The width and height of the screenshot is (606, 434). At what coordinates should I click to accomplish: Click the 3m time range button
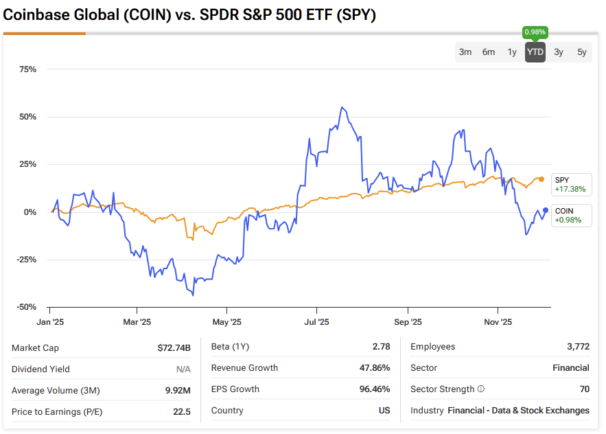tap(465, 52)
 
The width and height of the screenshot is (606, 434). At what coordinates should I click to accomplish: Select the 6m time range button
tap(489, 52)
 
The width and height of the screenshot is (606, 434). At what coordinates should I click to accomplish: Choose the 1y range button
tap(512, 52)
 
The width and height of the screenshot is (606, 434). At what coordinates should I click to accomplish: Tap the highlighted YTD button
tap(535, 52)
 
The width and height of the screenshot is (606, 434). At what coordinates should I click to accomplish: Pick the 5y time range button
tap(582, 52)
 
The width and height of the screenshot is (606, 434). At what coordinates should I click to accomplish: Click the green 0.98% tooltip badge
tap(535, 32)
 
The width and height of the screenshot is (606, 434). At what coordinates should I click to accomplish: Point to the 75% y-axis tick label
tap(28, 69)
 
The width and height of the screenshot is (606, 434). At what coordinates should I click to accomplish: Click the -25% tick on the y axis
tap(27, 260)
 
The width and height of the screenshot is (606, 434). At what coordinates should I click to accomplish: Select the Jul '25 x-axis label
tap(317, 321)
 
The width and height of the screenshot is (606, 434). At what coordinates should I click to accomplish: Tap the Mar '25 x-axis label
tap(137, 321)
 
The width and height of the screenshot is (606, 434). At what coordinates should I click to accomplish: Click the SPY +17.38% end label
tap(570, 184)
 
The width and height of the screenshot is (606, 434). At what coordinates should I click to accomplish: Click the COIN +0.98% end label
tap(570, 215)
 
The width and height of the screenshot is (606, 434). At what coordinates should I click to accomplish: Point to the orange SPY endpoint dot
tap(541, 179)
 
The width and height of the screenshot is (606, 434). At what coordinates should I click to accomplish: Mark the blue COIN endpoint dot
tap(546, 210)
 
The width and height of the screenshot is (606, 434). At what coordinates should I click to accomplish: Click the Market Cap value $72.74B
tap(174, 347)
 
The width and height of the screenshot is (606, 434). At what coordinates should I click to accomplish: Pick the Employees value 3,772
tap(576, 347)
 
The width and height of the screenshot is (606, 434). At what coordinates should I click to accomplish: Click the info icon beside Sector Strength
tap(480, 389)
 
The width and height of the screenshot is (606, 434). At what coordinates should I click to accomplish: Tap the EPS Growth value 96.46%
tap(375, 389)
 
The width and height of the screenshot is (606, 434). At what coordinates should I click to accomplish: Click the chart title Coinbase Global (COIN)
tap(87, 15)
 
